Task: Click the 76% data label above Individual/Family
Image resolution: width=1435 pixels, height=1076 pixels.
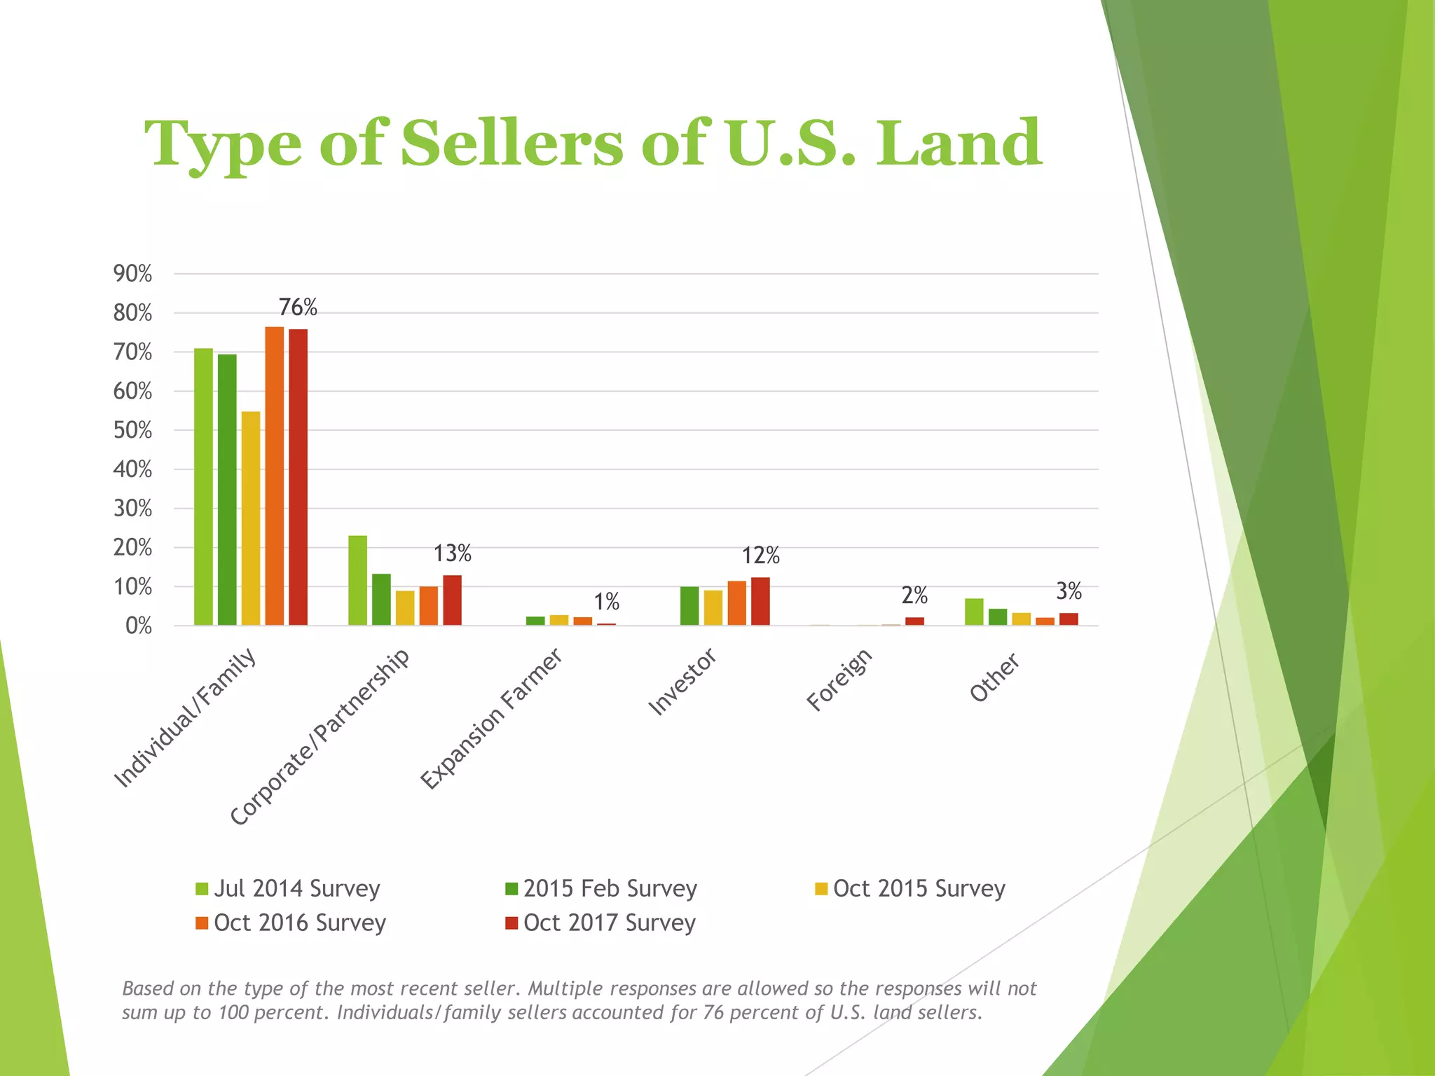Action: click(x=298, y=308)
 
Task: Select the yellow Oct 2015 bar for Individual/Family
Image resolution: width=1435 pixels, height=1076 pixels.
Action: click(x=251, y=518)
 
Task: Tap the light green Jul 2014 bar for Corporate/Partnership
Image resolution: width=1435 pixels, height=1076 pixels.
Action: click(x=357, y=580)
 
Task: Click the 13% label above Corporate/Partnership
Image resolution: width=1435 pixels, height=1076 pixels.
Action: click(x=452, y=554)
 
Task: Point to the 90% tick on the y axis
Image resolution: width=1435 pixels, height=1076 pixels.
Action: click(x=132, y=274)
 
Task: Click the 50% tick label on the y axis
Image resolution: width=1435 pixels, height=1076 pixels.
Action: click(x=132, y=430)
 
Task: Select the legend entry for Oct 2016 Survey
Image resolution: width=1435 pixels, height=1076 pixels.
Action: click(x=291, y=923)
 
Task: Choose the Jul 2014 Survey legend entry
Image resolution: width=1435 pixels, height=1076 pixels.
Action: click(x=288, y=889)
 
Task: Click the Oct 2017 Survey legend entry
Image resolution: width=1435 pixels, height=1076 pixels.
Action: click(x=600, y=923)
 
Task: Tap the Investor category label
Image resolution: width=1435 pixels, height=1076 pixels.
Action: click(x=682, y=682)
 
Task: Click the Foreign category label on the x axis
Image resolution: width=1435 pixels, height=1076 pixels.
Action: click(x=839, y=680)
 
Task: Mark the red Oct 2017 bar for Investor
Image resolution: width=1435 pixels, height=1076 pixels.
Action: click(x=760, y=601)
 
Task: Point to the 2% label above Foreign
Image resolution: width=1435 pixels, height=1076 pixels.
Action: click(x=914, y=595)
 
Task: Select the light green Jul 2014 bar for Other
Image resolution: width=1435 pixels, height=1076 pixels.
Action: click(x=974, y=612)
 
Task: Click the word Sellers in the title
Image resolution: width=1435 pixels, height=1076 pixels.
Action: click(x=511, y=144)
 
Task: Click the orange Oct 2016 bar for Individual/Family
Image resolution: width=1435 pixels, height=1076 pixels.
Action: click(x=275, y=476)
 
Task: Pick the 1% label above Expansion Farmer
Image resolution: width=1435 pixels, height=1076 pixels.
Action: click(x=607, y=602)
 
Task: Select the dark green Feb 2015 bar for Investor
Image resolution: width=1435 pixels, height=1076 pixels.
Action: click(x=689, y=606)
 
